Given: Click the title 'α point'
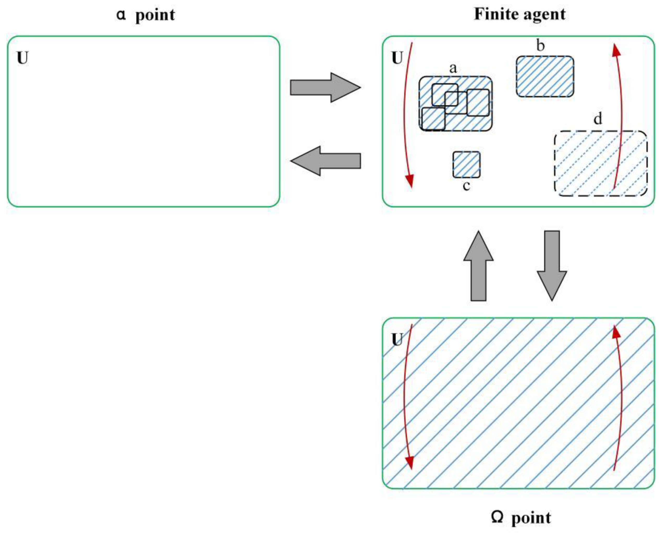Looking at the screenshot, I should [x=146, y=15].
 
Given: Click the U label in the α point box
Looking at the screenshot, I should [x=23, y=58].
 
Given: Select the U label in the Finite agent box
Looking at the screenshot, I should [x=397, y=58].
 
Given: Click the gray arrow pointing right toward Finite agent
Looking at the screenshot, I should [x=325, y=87].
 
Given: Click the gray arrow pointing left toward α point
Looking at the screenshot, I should [x=325, y=161].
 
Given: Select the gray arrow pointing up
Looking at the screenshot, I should [x=478, y=266].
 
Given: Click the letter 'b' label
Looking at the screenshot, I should [x=540, y=46].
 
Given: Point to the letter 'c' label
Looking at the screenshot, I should [x=466, y=186].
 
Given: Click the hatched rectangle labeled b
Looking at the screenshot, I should [x=545, y=77].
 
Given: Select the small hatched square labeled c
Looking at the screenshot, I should [x=467, y=165].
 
